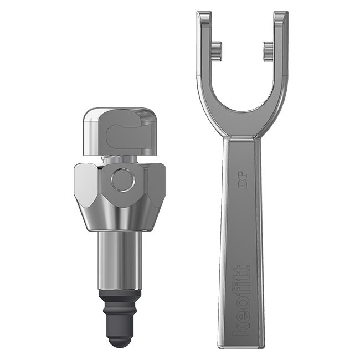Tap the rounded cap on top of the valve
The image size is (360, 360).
[x=120, y=116]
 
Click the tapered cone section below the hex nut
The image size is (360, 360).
[x=120, y=219]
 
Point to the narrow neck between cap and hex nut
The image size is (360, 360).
[x=120, y=160]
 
